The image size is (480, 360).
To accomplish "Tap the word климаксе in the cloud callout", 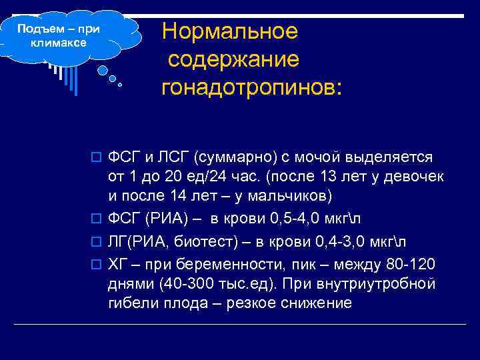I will [x=59, y=43].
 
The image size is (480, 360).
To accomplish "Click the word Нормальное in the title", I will [x=229, y=31].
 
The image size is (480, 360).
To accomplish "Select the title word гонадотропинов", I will [x=251, y=87].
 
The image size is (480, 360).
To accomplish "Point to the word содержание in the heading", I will [x=233, y=59].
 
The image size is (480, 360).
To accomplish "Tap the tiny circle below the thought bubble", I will [x=120, y=85].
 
